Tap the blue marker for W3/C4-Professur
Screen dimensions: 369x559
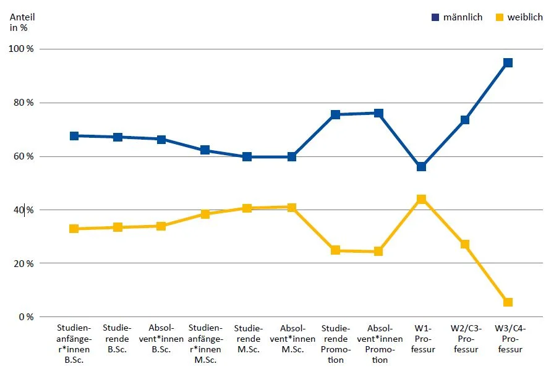tap(508, 62)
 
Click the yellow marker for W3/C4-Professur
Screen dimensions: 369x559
tap(508, 302)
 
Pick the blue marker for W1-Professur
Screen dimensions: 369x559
tap(421, 167)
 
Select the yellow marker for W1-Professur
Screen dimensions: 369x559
tap(421, 199)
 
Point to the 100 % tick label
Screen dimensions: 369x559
tap(22, 49)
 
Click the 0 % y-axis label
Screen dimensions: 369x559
tap(26, 317)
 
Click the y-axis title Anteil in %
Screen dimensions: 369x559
tap(22, 22)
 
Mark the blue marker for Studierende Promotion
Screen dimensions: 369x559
tap(335, 114)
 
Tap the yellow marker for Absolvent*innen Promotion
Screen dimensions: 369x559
tap(378, 252)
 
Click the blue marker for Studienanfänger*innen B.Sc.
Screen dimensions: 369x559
tap(74, 135)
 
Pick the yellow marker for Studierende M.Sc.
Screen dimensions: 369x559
tap(247, 208)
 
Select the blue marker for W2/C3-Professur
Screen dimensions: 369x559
tap(464, 120)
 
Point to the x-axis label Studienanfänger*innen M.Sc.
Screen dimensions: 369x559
tap(205, 344)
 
